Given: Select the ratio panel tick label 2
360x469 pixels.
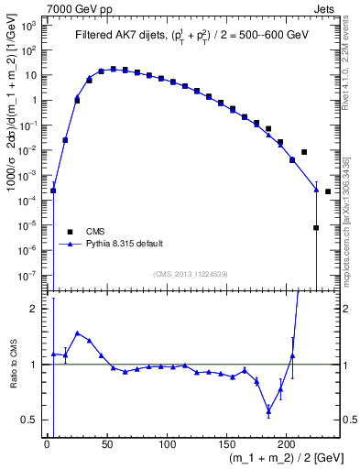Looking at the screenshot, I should (x=34, y=310).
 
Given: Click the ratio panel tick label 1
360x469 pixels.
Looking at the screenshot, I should (x=34, y=365).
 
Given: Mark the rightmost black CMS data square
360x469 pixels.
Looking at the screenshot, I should (x=328, y=191).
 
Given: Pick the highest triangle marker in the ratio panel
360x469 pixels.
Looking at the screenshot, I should (x=77, y=333).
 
